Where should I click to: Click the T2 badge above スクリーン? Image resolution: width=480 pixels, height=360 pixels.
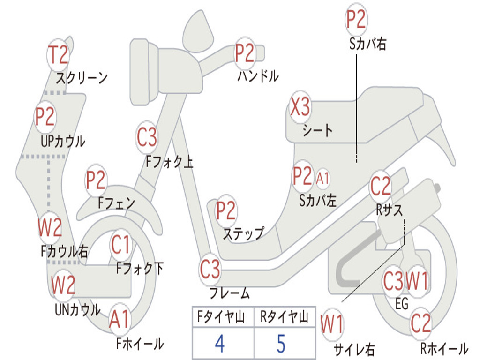(58, 55)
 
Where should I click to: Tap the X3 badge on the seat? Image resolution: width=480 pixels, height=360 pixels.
(300, 107)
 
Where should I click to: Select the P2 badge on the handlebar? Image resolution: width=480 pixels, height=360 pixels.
(245, 53)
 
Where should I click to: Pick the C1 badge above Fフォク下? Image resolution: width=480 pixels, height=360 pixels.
(120, 245)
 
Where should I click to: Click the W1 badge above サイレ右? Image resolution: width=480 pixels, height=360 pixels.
(332, 324)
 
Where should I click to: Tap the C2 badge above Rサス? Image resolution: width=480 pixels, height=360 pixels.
(381, 186)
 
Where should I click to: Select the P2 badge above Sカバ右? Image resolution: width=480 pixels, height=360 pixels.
(356, 19)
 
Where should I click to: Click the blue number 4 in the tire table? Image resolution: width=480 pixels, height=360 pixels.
(220, 344)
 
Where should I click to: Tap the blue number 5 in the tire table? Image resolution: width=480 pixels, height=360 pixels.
(281, 344)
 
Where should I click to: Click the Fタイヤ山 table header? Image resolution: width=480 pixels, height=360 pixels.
(221, 317)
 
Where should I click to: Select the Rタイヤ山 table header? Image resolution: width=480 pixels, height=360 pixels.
(284, 317)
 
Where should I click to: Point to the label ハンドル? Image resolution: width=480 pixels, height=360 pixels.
(258, 76)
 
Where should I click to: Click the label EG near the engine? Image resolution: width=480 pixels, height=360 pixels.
(402, 304)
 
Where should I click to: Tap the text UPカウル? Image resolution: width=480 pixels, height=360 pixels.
(63, 142)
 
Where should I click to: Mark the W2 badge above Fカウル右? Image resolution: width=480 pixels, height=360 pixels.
(50, 227)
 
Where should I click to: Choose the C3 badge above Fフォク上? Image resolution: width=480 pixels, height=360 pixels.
(147, 137)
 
